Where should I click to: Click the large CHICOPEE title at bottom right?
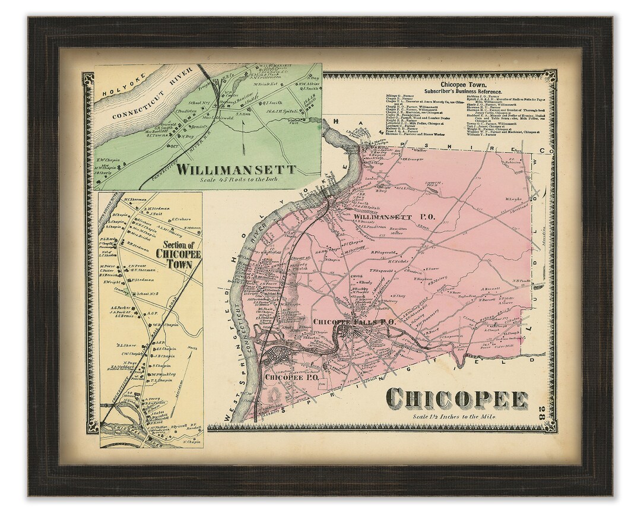pyautogui.click(x=457, y=398)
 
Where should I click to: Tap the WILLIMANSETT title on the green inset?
pyautogui.click(x=237, y=169)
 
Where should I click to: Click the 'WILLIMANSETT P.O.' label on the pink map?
pyautogui.click(x=395, y=217)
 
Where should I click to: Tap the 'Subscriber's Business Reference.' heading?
pyautogui.click(x=464, y=92)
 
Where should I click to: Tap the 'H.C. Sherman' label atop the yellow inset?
pyautogui.click(x=136, y=199)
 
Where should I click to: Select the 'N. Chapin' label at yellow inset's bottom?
pyautogui.click(x=191, y=442)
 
